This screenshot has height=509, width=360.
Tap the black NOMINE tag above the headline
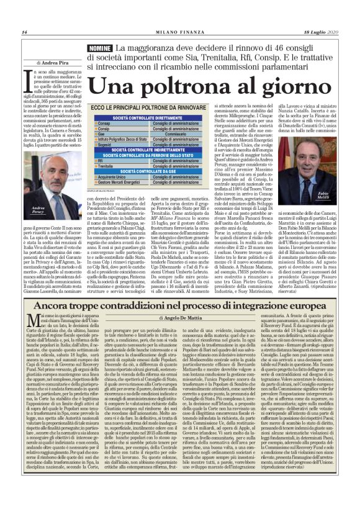pyautogui.click(x=100, y=48)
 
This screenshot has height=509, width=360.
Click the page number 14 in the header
pyautogui.click(x=24, y=32)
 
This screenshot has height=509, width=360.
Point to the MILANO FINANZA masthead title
pyautogui.click(x=179, y=32)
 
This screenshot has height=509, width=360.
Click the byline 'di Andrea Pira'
pyautogui.click(x=53, y=63)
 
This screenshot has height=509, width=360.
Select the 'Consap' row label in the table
pyautogui.click(x=104, y=124)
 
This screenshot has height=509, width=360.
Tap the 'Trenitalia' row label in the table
pyautogui.click(x=107, y=166)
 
